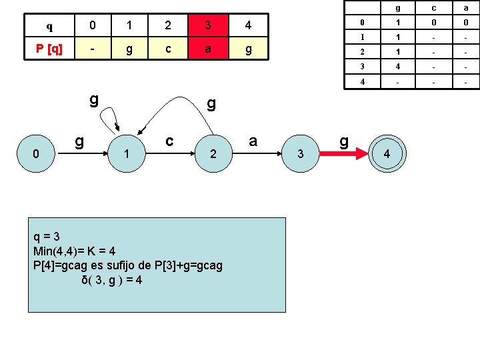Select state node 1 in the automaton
(x=127, y=153)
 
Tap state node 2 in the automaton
(x=213, y=153)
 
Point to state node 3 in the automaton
(x=301, y=153)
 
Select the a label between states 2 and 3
(x=253, y=141)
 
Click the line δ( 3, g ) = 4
(x=112, y=280)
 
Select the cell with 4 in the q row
(x=247, y=27)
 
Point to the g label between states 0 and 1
(x=79, y=141)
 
